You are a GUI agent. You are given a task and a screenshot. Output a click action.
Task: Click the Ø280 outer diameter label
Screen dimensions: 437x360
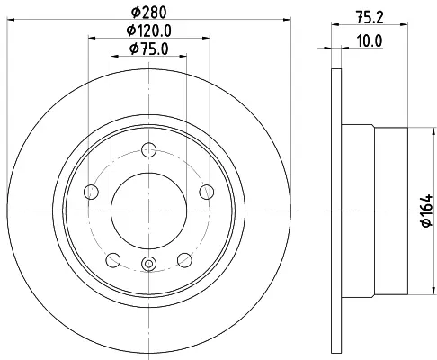tap(148, 13)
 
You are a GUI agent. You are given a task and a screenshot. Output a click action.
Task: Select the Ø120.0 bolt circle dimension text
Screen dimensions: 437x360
tap(148, 31)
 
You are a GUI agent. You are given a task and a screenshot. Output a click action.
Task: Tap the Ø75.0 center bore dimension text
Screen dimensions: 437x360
tap(148, 49)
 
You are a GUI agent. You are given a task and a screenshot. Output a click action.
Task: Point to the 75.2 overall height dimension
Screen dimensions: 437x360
tap(370, 18)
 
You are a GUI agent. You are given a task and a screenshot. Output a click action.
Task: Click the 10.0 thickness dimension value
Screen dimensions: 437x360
tap(370, 41)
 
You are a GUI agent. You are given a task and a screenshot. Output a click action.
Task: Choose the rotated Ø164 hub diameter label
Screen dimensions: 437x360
tap(426, 211)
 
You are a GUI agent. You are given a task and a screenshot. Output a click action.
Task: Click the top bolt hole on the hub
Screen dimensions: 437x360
tap(148, 150)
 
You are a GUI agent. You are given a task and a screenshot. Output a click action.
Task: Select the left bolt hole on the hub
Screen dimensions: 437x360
tap(92, 192)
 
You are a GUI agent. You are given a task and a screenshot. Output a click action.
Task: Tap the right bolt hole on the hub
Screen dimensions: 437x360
tap(207, 192)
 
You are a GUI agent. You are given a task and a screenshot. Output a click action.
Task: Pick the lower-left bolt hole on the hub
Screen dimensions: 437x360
tap(113, 260)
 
